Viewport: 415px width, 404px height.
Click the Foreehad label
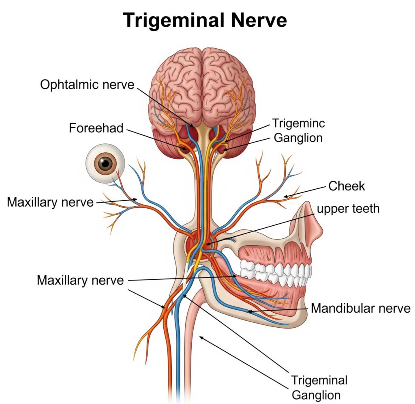(96, 128)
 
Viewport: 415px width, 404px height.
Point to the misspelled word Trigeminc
(298, 123)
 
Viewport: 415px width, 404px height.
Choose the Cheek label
(347, 186)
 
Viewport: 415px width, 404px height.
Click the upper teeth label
(348, 209)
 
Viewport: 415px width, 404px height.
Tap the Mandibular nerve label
(361, 308)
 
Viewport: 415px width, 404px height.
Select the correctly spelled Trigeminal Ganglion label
(319, 387)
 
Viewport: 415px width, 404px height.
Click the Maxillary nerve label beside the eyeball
(50, 202)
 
